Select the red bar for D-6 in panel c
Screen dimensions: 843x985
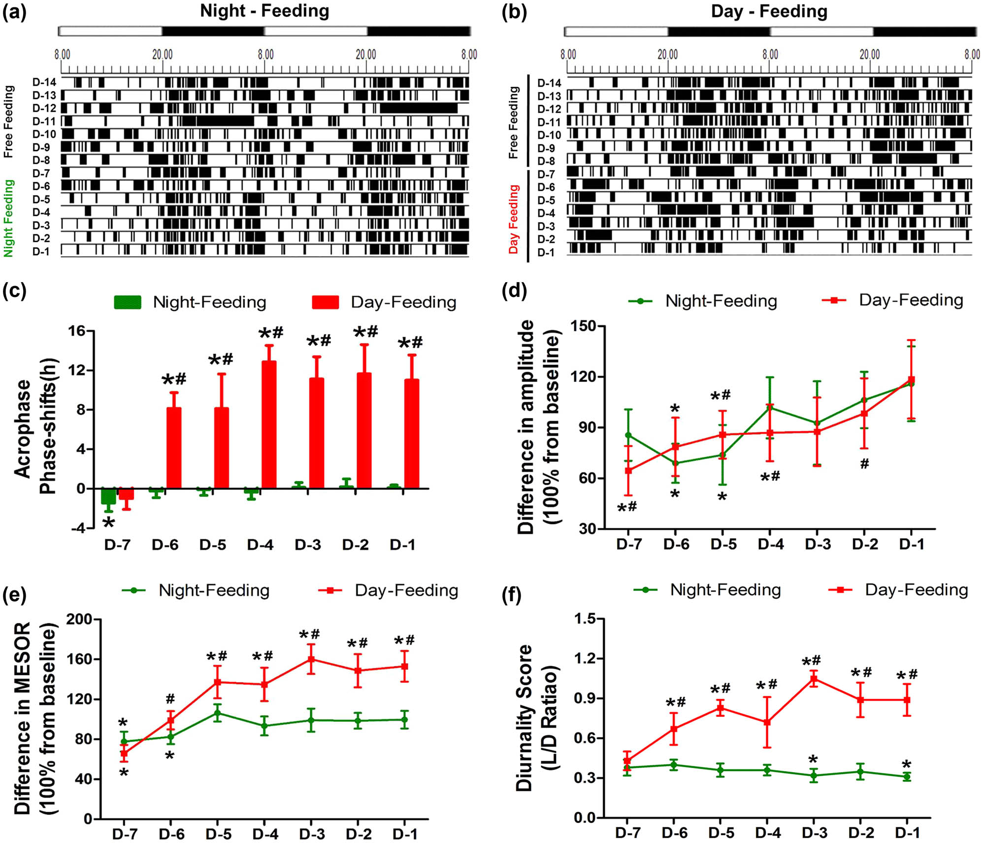[173, 448]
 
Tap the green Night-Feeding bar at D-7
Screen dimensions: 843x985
[108, 496]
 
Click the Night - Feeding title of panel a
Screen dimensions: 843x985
[264, 11]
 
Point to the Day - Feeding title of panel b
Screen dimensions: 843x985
[769, 11]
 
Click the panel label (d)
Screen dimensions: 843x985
[514, 291]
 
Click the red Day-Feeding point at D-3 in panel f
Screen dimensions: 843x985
[814, 679]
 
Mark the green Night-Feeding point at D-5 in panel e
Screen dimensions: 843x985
[217, 713]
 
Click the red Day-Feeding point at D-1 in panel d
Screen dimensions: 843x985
[911, 380]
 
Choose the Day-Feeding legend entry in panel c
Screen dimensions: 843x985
[384, 302]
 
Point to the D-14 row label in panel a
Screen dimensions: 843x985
[44, 82]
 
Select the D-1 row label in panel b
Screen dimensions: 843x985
[546, 253]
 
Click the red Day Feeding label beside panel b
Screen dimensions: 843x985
[514, 219]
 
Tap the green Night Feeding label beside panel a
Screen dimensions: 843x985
[8, 218]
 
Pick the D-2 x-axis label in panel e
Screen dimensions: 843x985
[359, 834]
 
